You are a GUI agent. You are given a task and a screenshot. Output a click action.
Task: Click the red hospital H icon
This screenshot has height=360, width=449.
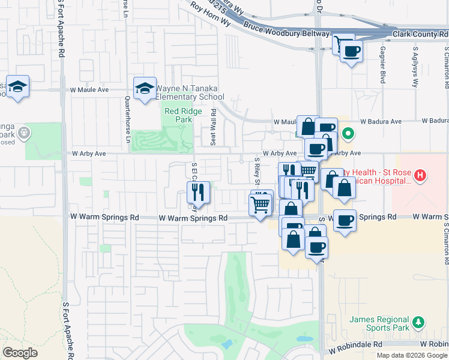[420, 176]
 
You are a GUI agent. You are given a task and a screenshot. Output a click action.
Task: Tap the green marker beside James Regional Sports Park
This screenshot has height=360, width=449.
[417, 323]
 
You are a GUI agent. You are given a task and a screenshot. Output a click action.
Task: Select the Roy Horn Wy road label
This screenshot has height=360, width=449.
[210, 13]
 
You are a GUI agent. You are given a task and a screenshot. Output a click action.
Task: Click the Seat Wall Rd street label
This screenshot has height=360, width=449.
[213, 127]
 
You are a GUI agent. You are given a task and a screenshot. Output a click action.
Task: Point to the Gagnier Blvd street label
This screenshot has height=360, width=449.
[382, 64]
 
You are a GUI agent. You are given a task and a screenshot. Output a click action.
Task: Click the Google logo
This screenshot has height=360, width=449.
[20, 352]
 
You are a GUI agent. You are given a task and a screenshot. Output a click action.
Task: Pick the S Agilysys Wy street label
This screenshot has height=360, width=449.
[414, 66]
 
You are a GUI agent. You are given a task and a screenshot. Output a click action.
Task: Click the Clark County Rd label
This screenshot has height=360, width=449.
[420, 34]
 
